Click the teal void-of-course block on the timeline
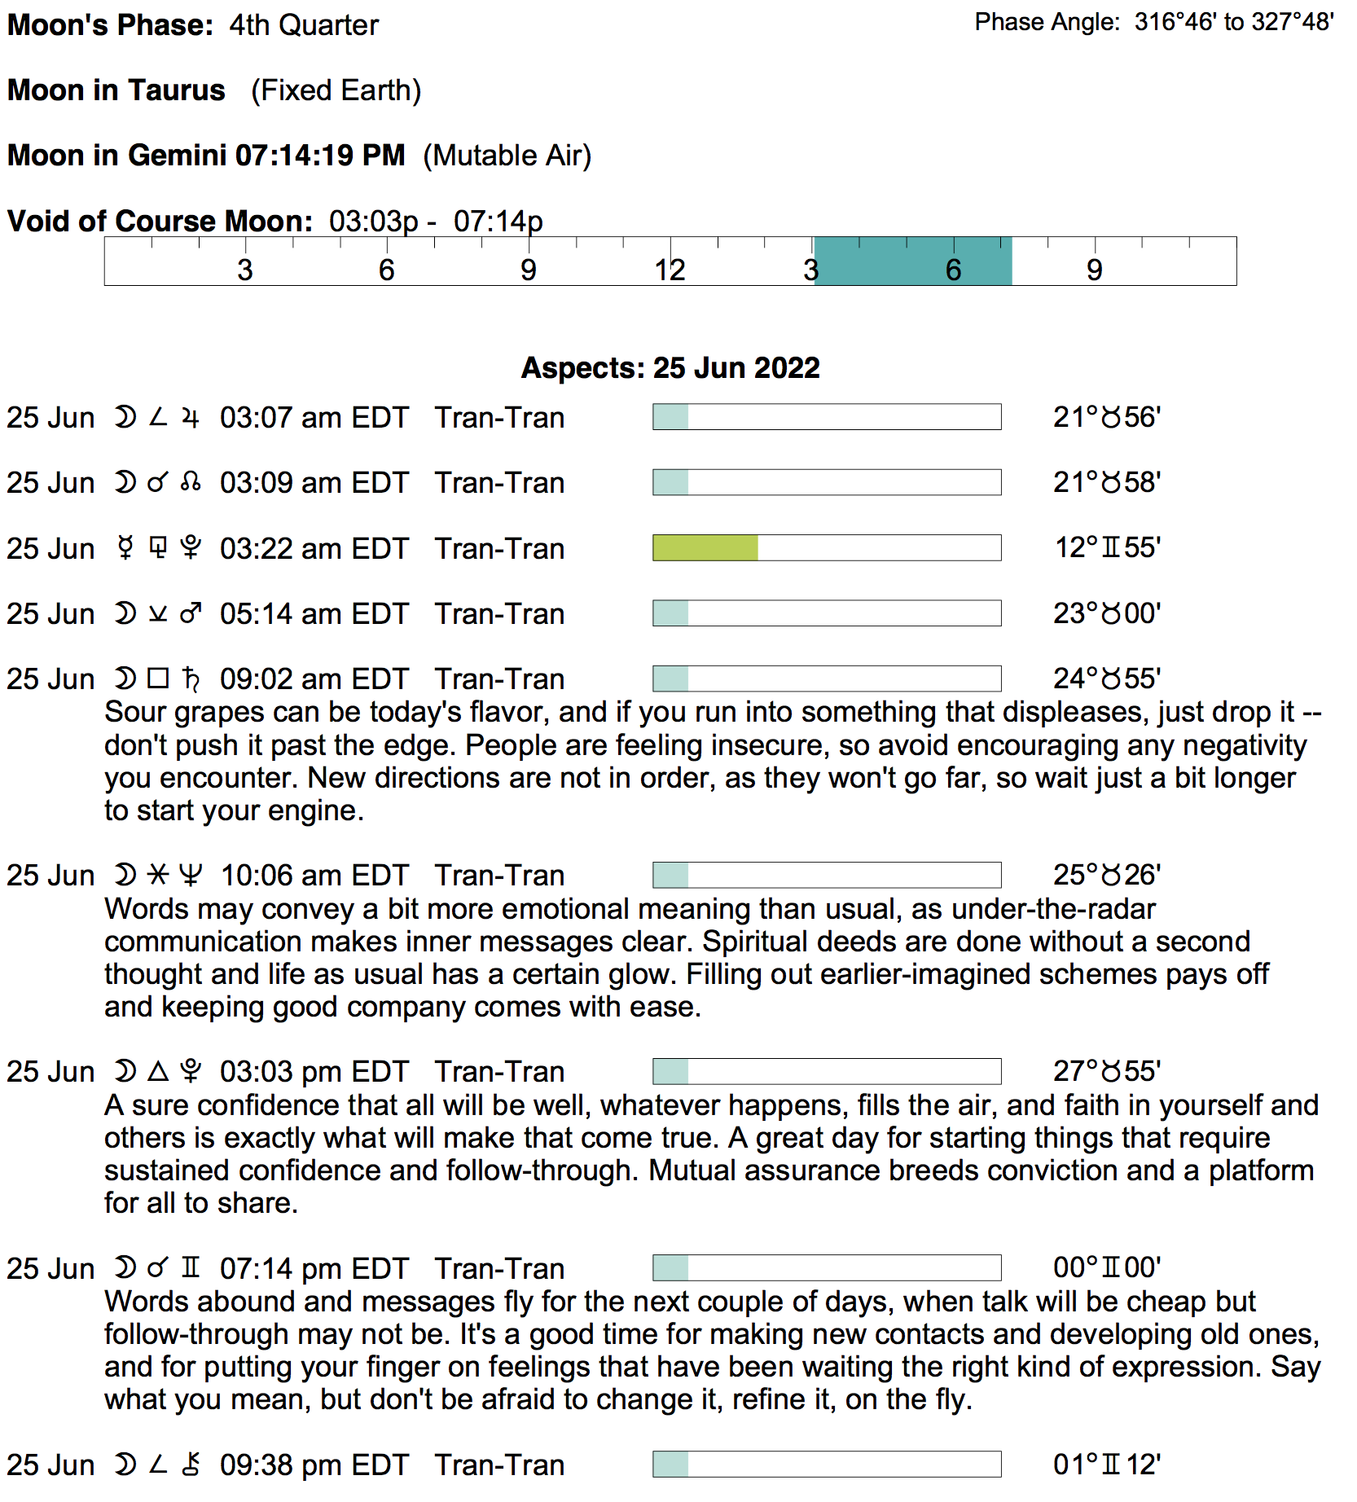click(x=912, y=261)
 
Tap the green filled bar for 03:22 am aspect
click(x=705, y=548)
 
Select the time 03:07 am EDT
click(x=314, y=418)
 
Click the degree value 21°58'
click(x=1106, y=483)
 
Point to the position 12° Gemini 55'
click(x=1107, y=548)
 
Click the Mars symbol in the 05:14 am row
click(x=191, y=613)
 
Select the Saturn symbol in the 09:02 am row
click(x=191, y=679)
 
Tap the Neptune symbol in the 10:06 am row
click(x=191, y=876)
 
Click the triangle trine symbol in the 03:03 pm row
click(x=158, y=1071)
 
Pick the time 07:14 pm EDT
click(x=314, y=1269)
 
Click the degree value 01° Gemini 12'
click(x=1106, y=1465)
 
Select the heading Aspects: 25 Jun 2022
click(x=670, y=368)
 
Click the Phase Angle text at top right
click(x=1153, y=22)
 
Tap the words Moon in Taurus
click(x=116, y=90)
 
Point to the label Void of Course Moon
click(x=160, y=222)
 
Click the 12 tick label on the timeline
click(x=670, y=270)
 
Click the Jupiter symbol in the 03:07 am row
click(x=191, y=418)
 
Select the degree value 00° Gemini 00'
click(x=1106, y=1268)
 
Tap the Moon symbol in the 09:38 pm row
click(x=125, y=1465)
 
